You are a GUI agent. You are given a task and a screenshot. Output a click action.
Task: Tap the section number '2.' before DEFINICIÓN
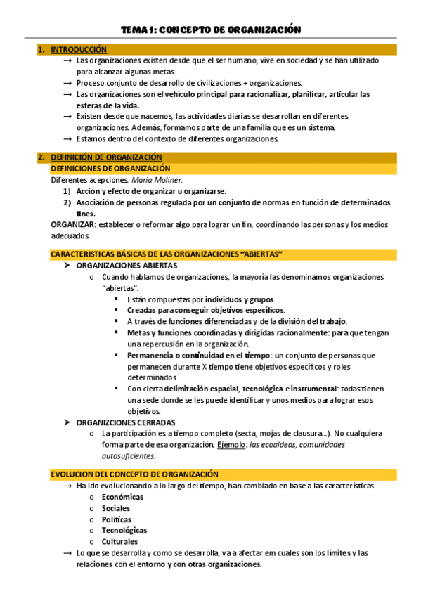[41, 157]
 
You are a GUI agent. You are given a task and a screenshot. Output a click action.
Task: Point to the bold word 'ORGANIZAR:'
[73, 224]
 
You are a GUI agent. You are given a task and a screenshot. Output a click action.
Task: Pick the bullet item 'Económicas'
[122, 497]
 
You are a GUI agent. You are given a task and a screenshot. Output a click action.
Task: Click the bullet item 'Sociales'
[116, 508]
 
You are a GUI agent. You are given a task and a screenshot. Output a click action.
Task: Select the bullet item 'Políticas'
[116, 519]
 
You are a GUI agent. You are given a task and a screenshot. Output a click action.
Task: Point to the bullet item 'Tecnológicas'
[124, 531]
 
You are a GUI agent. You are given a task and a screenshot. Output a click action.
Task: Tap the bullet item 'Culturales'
[119, 542]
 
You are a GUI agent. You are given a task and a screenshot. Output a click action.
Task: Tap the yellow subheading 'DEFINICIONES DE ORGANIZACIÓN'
[110, 169]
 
